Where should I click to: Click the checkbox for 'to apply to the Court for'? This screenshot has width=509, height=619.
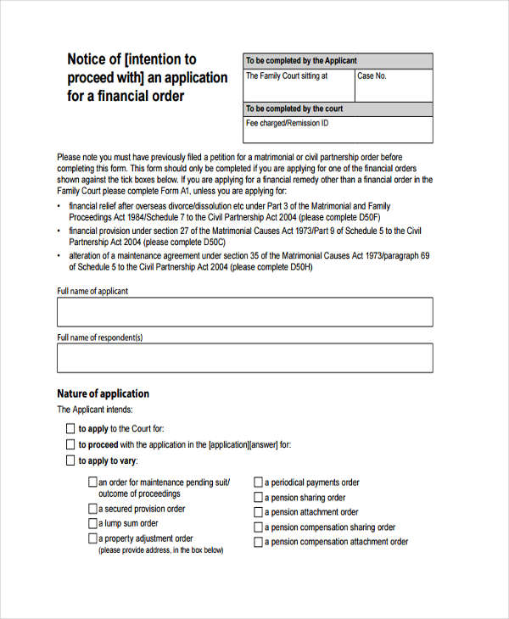[x=70, y=429]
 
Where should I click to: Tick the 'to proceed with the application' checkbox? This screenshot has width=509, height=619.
[x=70, y=444]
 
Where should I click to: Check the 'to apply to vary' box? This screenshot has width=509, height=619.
[x=70, y=460]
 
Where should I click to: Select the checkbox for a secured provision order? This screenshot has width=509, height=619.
[x=92, y=509]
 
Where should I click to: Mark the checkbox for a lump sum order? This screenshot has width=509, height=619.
[x=92, y=523]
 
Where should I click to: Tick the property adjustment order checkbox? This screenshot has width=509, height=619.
[x=92, y=538]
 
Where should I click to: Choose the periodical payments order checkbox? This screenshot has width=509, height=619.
[x=259, y=482]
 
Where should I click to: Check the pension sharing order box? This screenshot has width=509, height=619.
[x=259, y=498]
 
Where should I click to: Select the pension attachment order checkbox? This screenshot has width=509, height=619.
[x=259, y=512]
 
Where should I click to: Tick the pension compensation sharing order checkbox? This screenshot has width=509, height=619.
[x=259, y=527]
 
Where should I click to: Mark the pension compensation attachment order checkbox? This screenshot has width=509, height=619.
[x=259, y=542]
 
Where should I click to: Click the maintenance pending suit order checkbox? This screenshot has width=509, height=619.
[x=92, y=482]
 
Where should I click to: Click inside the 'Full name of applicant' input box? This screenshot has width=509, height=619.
[x=244, y=312]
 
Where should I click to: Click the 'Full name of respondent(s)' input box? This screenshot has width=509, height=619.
[x=244, y=358]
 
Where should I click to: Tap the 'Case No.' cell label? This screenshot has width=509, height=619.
[x=372, y=76]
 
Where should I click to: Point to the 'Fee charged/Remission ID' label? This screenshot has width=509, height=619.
[x=287, y=124]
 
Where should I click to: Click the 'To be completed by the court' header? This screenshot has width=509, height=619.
[x=294, y=109]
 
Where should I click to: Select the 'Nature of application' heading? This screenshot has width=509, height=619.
[x=103, y=393]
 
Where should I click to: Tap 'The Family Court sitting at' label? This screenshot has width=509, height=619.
[x=286, y=76]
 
